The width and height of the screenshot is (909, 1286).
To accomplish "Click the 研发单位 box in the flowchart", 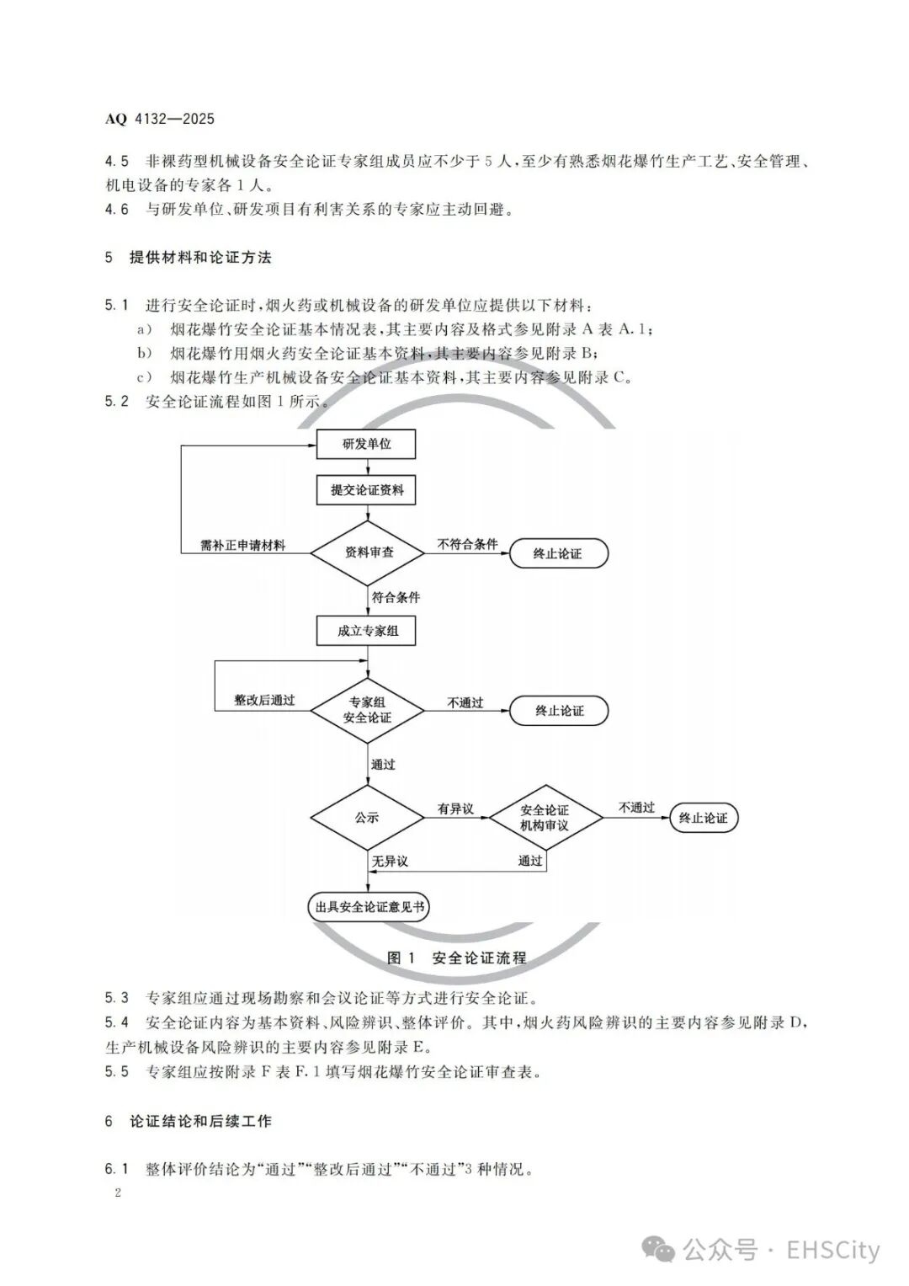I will coord(366,444).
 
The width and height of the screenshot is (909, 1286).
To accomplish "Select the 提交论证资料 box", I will coord(366,489).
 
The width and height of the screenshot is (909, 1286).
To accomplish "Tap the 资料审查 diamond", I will coord(369,553).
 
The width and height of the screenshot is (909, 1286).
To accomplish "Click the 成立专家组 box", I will coord(366,630).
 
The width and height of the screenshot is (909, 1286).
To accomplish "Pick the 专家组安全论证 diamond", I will coord(367,709).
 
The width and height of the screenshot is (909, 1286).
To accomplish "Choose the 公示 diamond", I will coord(367,818).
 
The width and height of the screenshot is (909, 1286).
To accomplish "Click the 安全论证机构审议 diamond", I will coord(545,818).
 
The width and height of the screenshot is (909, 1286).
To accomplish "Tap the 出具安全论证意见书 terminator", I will coord(369,907).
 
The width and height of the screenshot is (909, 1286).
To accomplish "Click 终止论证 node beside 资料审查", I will coord(557,553).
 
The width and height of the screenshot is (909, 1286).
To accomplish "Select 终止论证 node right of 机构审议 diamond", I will coord(703,818).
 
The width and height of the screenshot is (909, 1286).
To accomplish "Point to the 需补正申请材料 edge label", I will coord(242,545).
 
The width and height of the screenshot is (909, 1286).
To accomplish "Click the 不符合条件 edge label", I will coord(467,544).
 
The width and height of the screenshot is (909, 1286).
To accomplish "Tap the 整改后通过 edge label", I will coord(264,700).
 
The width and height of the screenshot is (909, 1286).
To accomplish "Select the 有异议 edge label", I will coord(455,808).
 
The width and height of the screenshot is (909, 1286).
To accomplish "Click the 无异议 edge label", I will coord(390,861).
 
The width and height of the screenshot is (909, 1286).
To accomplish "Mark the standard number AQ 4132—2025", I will coord(160,119).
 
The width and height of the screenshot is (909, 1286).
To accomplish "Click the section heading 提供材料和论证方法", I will coord(200,258).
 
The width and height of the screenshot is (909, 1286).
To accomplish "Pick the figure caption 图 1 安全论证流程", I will coord(456,958).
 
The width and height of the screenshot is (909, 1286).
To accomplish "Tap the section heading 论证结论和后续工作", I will coord(200,1121).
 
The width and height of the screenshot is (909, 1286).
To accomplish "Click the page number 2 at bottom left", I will coord(118,1193).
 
